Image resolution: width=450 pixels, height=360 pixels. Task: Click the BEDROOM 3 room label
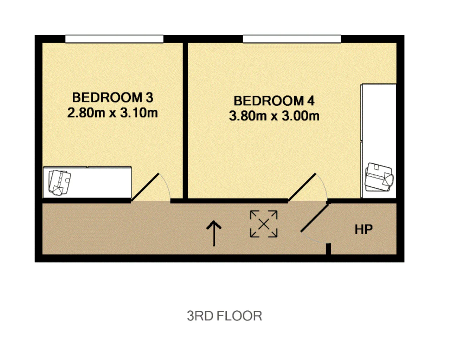click(x=112, y=97)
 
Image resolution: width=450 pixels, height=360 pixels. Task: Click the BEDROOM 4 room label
click(x=274, y=101)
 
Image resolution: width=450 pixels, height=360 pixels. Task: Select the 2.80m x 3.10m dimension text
click(x=112, y=113)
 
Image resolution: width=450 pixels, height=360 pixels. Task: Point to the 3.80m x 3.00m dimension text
click(x=274, y=116)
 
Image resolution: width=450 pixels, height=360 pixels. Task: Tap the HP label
click(x=364, y=230)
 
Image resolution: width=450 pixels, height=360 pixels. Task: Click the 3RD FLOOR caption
click(x=224, y=316)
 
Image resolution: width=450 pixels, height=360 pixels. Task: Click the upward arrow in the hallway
click(x=214, y=233)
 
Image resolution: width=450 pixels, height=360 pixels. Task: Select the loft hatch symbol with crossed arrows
click(x=264, y=224)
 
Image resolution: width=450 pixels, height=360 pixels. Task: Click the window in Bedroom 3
click(x=114, y=39)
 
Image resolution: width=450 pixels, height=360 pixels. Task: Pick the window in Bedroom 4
click(x=292, y=39)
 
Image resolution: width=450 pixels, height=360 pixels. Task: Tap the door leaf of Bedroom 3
click(x=145, y=187)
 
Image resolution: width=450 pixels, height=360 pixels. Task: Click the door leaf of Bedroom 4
click(x=302, y=187)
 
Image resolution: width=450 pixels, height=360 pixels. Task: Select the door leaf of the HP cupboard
click(x=315, y=218)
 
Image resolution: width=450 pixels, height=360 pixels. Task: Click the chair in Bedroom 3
click(x=59, y=182)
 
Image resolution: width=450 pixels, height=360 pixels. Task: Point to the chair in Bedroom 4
click(x=379, y=177)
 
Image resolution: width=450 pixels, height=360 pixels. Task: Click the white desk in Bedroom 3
click(x=87, y=182)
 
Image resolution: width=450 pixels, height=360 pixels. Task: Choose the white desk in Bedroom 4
click(x=379, y=141)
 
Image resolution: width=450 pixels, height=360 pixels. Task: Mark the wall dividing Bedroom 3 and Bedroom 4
click(x=185, y=121)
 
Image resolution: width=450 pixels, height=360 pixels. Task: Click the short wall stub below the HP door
click(x=328, y=249)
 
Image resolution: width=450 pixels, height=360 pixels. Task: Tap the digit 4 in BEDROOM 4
click(x=311, y=101)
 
